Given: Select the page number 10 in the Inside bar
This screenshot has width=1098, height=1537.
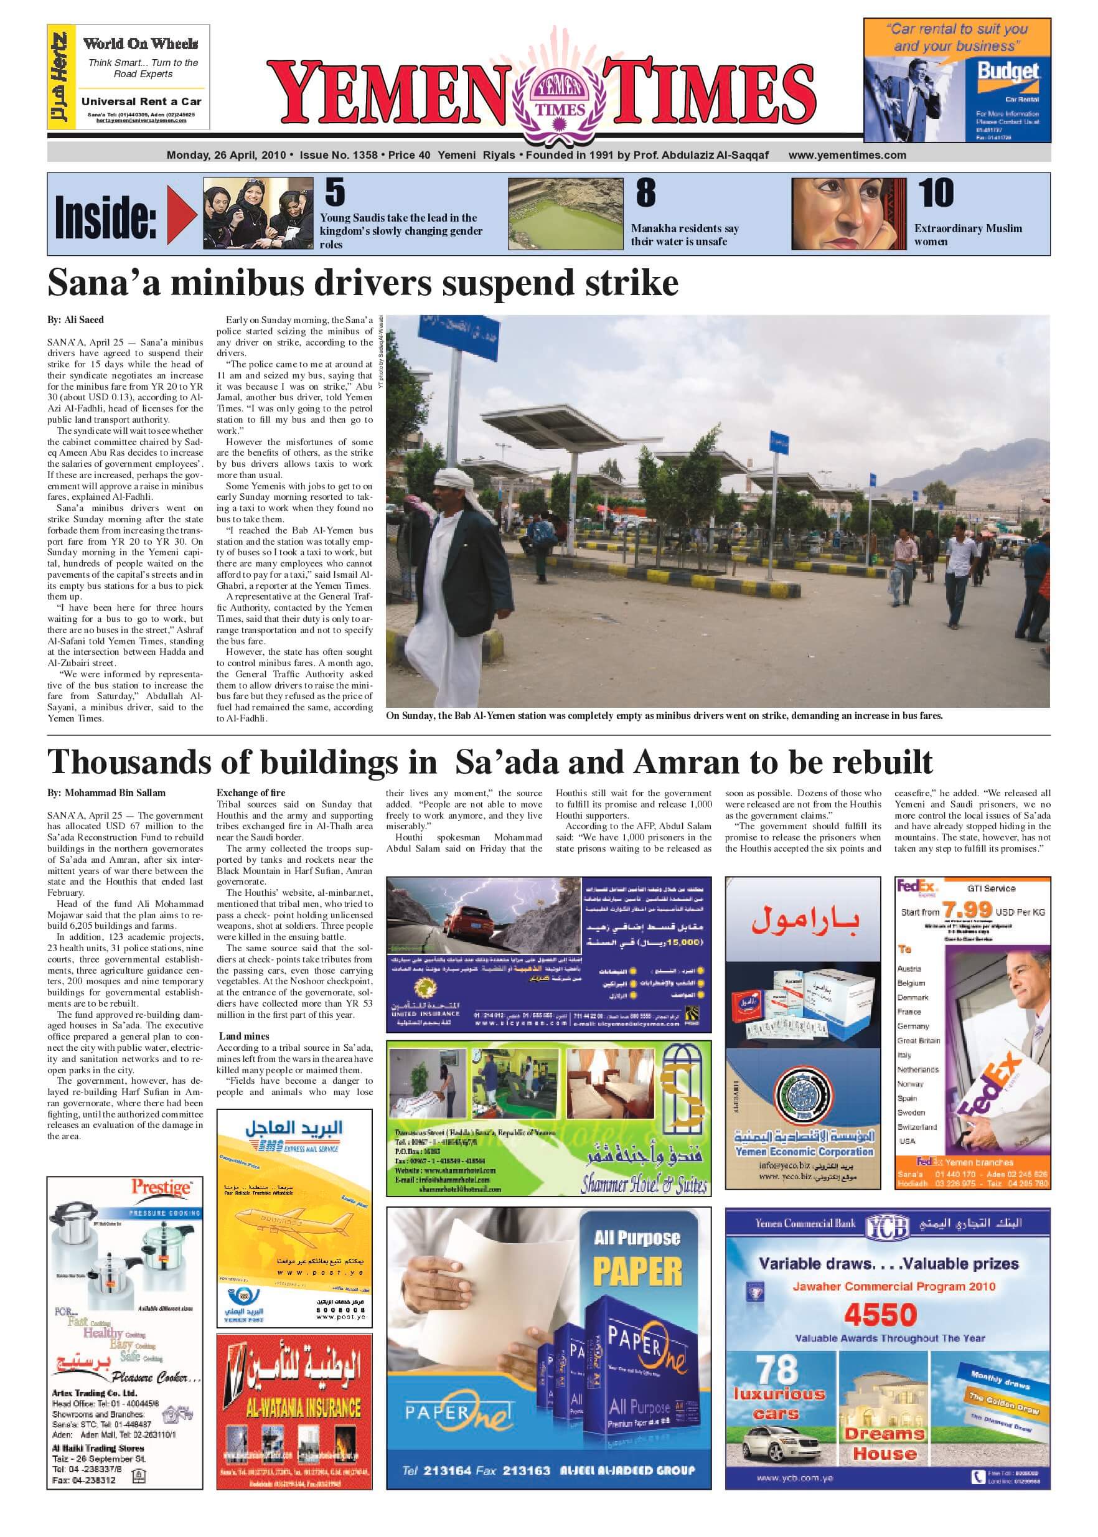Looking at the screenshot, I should (x=936, y=194).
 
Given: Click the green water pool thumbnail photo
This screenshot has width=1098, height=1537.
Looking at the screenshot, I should (x=565, y=214).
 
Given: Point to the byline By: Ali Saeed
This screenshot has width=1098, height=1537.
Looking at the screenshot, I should (x=75, y=320).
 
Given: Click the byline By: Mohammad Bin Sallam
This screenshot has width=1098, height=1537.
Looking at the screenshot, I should (x=106, y=793).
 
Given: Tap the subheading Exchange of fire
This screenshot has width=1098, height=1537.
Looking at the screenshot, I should (x=251, y=793).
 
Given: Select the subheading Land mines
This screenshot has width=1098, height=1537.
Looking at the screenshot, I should (x=244, y=1036).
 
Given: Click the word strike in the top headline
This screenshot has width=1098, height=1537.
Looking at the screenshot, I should (x=632, y=283).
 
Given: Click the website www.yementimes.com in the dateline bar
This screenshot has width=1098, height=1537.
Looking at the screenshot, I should (x=847, y=155).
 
